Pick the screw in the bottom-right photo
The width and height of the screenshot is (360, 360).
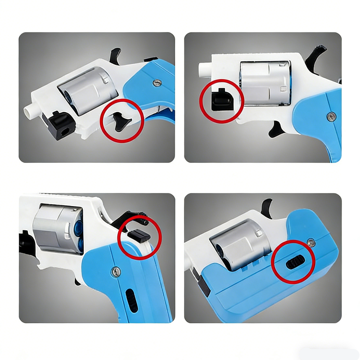[x=311, y=243]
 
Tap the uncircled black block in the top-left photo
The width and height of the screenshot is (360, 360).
[x=59, y=122]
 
